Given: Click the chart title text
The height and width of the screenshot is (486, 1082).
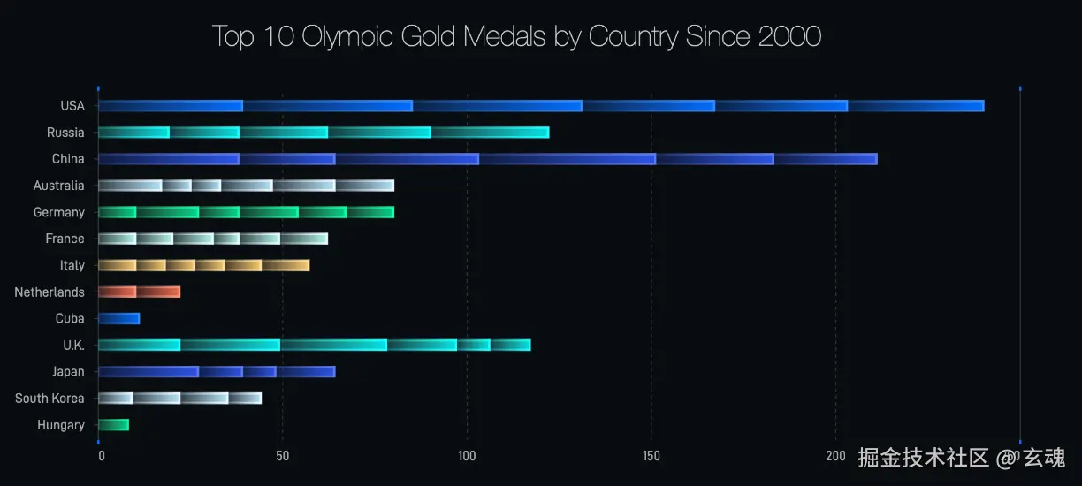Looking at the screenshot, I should (x=516, y=37).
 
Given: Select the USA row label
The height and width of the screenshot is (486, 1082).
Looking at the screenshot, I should (x=72, y=106).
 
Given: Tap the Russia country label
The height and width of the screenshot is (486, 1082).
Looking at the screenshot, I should (x=66, y=133).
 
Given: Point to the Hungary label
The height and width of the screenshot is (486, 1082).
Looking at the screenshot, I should (x=61, y=425).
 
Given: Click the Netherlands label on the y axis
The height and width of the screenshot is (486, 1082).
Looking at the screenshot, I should (x=50, y=292).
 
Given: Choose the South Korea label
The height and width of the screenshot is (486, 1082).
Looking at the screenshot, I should (x=50, y=399).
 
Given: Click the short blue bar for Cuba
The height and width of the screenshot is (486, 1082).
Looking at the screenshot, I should (x=119, y=318).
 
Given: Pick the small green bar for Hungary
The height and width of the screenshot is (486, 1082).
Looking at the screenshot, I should (x=114, y=425).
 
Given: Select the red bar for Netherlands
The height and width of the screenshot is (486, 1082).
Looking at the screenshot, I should (x=139, y=292).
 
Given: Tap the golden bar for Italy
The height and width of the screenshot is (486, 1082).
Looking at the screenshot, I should (x=203, y=265).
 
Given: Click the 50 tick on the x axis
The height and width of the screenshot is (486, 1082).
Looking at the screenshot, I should (x=282, y=456).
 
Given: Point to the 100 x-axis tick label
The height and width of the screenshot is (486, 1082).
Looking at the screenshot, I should (x=467, y=456).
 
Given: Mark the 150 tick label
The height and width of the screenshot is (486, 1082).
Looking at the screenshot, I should (x=651, y=456).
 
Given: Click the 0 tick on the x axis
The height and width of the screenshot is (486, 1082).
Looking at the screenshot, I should (x=102, y=456).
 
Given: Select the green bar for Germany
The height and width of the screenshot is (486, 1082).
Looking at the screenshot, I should (x=246, y=212).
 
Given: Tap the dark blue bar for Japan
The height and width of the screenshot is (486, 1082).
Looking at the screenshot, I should (x=217, y=371).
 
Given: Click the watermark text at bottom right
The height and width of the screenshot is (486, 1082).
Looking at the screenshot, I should (x=961, y=458).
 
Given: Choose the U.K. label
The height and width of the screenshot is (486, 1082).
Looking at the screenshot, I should (x=73, y=346).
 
